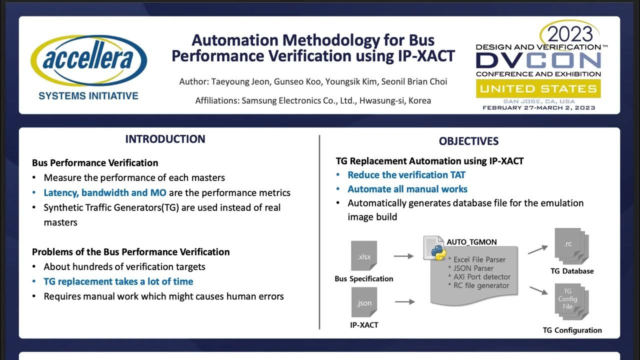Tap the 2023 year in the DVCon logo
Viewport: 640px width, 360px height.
tap(569, 33)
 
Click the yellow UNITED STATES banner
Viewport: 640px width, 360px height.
tap(538, 89)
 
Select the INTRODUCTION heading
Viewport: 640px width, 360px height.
tap(165, 139)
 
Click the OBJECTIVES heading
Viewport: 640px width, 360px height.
tap(468, 141)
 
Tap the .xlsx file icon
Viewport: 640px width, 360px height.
tap(364, 256)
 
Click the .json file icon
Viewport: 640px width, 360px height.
tap(364, 301)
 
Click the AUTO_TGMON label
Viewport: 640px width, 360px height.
tap(471, 242)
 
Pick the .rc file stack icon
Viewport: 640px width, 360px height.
tap(571, 246)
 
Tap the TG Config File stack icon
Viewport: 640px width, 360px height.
tap(571, 301)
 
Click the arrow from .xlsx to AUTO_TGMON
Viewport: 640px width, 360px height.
tap(403, 256)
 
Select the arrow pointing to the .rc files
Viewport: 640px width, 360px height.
tap(537, 248)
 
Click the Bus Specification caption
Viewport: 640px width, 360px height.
tap(363, 279)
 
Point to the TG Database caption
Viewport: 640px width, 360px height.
tap(571, 271)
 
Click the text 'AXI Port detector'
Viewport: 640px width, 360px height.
tap(482, 276)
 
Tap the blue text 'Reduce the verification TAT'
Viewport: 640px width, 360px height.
tap(406, 175)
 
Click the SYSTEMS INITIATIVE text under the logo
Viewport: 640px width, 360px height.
tap(88, 96)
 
